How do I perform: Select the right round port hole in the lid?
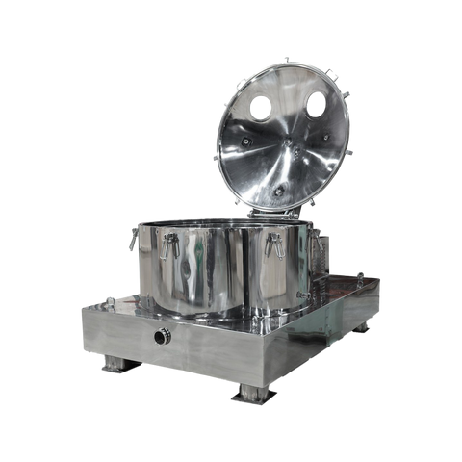coord(315,104)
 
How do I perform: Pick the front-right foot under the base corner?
coord(253,395)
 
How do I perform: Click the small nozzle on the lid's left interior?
coord(244,141)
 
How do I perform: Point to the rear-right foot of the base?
coord(363,328)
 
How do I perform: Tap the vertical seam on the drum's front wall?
coord(235,269)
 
